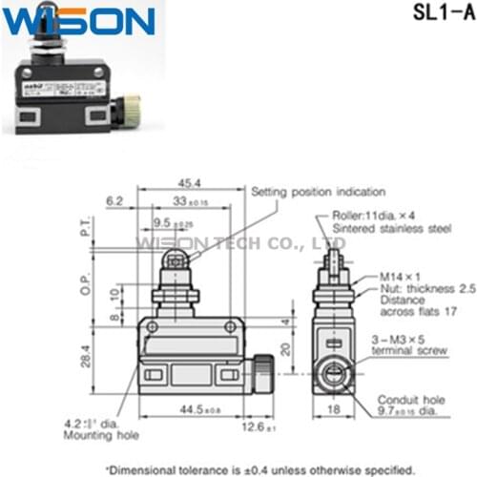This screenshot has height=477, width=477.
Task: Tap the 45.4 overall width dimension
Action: point(189,183)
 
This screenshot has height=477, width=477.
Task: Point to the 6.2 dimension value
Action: point(115,201)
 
